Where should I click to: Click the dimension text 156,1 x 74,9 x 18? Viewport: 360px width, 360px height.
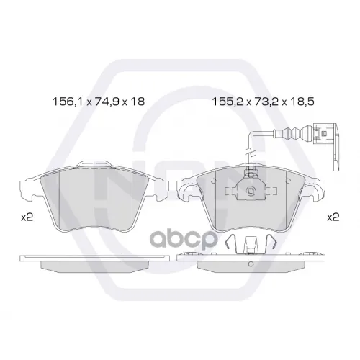pyautogui.click(x=99, y=102)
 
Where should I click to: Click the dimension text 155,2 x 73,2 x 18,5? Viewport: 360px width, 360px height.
pyautogui.click(x=264, y=102)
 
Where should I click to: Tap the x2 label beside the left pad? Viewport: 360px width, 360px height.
pyautogui.click(x=27, y=217)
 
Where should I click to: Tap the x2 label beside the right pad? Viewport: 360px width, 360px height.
pyautogui.click(x=333, y=217)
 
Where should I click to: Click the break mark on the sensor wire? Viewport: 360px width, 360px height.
pyautogui.click(x=250, y=153)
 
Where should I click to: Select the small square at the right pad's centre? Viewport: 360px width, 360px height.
pyautogui.click(x=251, y=192)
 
